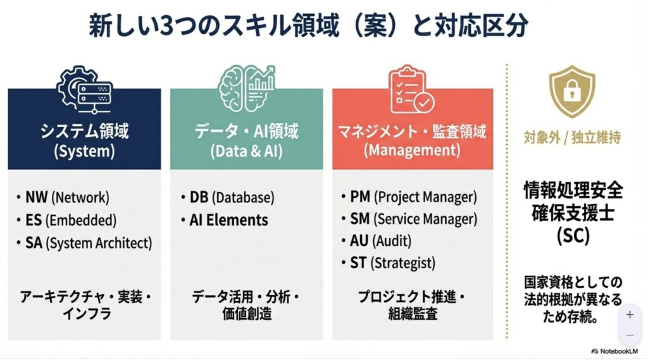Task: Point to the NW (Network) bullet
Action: point(63,197)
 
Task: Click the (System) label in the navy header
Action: point(84,152)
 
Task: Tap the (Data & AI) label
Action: point(246,152)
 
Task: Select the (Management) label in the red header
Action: point(411,152)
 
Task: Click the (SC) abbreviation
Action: point(573,235)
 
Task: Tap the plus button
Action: point(630,314)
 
